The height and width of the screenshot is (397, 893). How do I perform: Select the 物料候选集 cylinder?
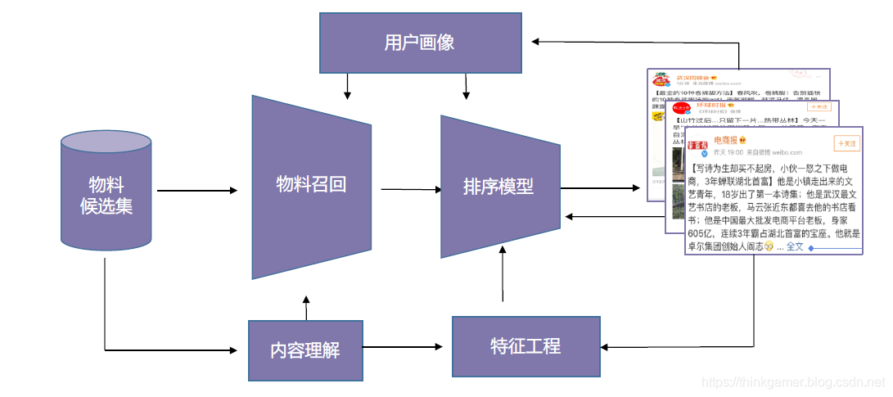pos(106,194)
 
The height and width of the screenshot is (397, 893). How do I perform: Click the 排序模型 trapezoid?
pos(498,187)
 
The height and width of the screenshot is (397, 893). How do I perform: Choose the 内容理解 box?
pos(304,351)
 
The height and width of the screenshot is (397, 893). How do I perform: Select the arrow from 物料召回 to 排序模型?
pos(406,190)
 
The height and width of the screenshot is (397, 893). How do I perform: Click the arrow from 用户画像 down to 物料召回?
pos(348,84)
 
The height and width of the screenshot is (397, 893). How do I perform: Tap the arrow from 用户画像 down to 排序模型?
pos(466,84)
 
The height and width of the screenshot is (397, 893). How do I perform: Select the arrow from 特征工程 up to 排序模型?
pos(503,278)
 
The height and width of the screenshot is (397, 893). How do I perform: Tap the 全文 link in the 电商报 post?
pos(795,246)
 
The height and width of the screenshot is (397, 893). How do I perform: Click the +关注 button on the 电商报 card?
pos(846,144)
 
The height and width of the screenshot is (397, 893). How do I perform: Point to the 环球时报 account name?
pos(712,106)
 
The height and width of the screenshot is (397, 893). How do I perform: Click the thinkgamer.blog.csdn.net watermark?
pos(793,382)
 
